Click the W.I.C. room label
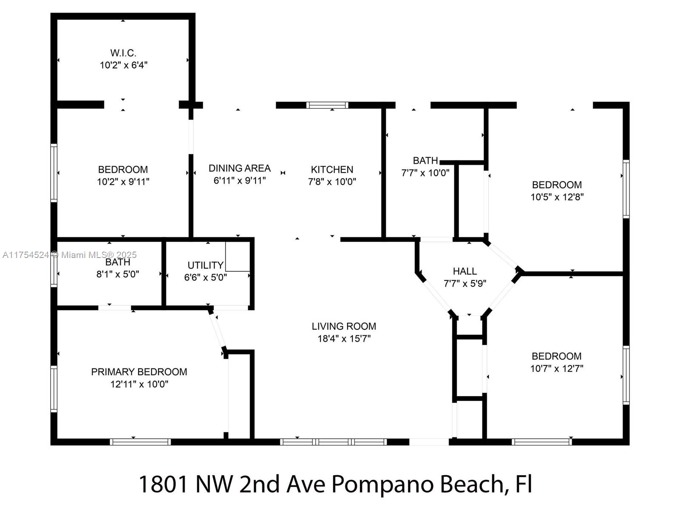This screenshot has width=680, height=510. [123, 53]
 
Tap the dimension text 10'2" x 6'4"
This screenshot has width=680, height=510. [123, 65]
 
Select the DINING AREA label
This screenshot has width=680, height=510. [239, 168]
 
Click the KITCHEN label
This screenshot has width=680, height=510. [332, 170]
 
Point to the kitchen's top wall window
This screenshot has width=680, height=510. [327, 105]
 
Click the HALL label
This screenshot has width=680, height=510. [465, 271]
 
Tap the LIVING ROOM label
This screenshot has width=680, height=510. [344, 326]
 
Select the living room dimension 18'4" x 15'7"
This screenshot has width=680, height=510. [344, 339]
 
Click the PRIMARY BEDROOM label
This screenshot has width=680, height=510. [139, 372]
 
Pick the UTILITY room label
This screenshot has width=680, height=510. [205, 265]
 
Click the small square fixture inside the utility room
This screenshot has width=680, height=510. [238, 256]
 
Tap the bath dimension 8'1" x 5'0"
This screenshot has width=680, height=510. [118, 275]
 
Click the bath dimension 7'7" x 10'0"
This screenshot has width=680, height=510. [425, 173]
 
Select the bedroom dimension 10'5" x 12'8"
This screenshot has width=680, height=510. [557, 197]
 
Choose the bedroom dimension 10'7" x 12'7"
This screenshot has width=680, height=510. [556, 368]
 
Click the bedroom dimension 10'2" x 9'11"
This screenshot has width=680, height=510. [123, 182]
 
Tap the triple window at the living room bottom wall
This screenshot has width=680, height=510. [333, 442]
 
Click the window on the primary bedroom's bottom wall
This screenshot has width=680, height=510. [140, 442]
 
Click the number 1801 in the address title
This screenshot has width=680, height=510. [163, 484]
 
